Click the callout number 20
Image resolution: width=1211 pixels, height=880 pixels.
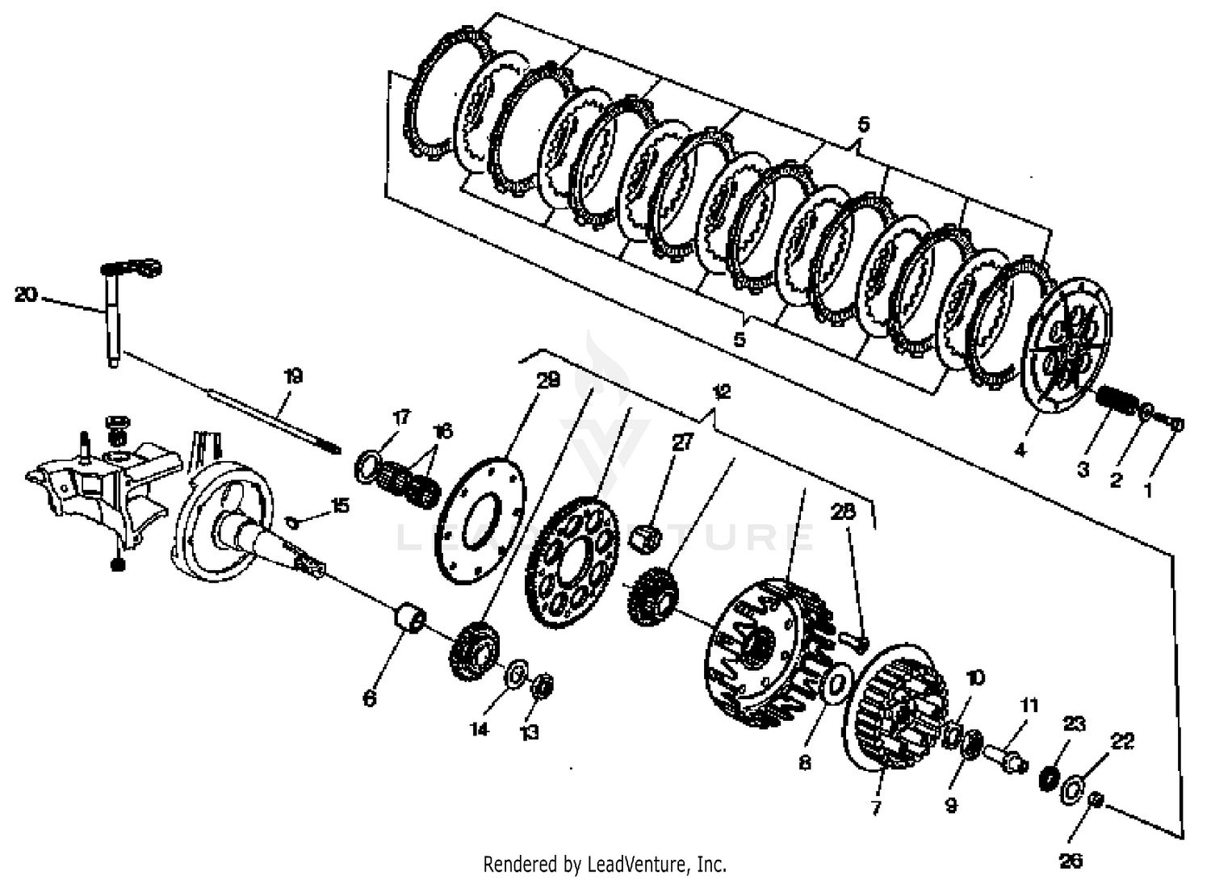point(26,295)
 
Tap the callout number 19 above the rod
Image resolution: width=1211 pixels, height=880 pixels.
point(293,376)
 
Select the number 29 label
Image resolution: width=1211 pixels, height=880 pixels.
point(548,381)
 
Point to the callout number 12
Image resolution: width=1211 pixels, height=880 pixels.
point(720,392)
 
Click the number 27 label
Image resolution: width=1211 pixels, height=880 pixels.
point(683,442)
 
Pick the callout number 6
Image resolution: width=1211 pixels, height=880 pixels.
point(370,698)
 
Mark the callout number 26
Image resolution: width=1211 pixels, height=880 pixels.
point(1071,861)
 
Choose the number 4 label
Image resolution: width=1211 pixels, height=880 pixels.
point(1020,450)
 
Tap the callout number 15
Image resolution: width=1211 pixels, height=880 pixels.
point(340,505)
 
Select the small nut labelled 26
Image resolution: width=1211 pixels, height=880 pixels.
point(1096,799)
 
